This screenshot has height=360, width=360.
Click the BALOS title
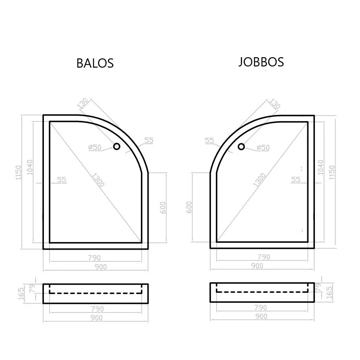coord(95,63)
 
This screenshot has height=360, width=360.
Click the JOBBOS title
coord(261,62)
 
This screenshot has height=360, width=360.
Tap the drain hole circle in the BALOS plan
coord(117,146)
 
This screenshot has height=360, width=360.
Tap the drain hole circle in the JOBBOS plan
coord(241,147)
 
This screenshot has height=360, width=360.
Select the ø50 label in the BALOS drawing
coord(95,147)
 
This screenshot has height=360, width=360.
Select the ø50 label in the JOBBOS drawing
coord(263,147)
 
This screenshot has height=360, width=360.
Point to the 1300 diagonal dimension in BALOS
coord(98,180)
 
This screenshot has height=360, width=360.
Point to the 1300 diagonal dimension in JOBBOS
coord(259,180)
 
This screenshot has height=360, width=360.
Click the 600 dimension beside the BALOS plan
coord(163,207)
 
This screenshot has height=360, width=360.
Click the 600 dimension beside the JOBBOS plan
coord(189,207)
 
